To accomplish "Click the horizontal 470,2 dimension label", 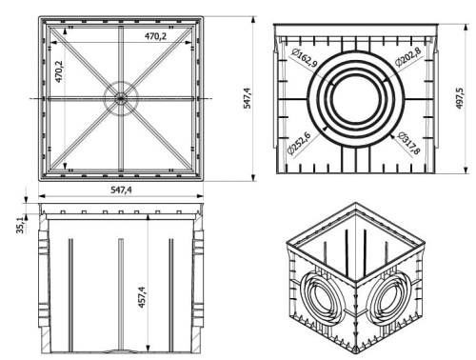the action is pyautogui.click(x=155, y=36).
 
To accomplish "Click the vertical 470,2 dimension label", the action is pyautogui.click(x=59, y=71).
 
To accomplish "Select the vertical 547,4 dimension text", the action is pyautogui.click(x=247, y=98).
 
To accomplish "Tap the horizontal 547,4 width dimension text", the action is pyautogui.click(x=121, y=190).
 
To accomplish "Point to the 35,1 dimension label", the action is pyautogui.click(x=20, y=225).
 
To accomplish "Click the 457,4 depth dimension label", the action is pyautogui.click(x=142, y=297).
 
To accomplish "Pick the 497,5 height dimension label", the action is pyautogui.click(x=460, y=98).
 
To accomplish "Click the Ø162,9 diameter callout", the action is pyautogui.click(x=305, y=57).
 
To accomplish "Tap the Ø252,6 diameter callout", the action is pyautogui.click(x=299, y=143).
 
